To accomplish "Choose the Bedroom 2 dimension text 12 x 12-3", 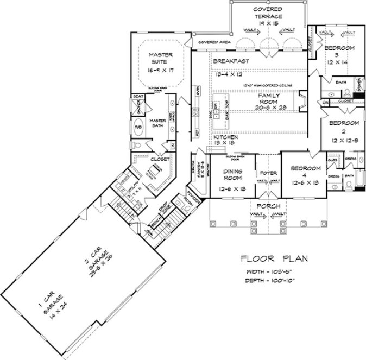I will point(340,140).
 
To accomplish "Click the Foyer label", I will point(268,174).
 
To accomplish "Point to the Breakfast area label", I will point(231,61).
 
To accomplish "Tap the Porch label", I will point(268,206).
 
